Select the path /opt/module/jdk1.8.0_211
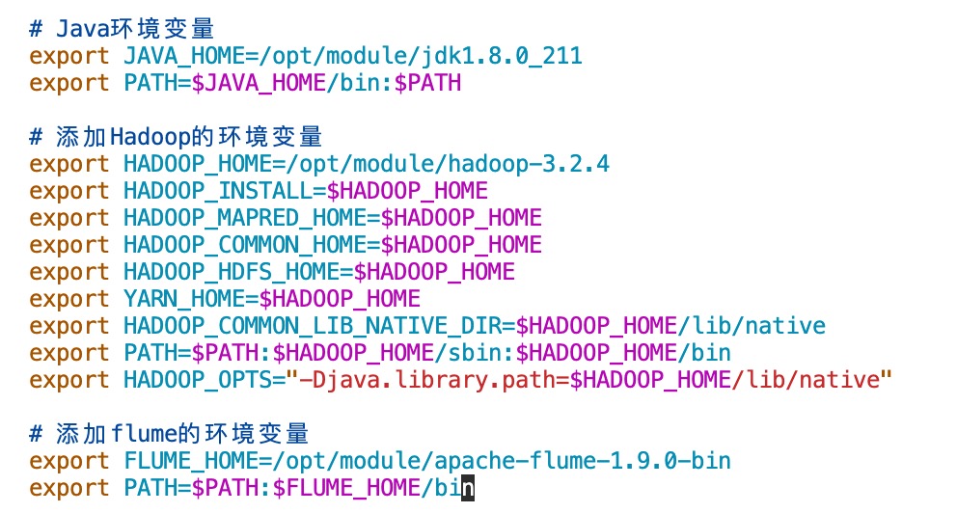422,55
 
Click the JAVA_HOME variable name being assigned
184,55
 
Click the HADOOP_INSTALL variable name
218,190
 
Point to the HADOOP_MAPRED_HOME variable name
245,217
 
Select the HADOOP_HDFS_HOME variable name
232,271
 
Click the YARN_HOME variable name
184,298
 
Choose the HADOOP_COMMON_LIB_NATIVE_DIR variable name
312,325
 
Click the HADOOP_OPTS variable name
198,379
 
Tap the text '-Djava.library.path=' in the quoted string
435,379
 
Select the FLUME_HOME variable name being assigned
191,460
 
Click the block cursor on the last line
468,487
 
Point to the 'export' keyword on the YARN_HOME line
69,298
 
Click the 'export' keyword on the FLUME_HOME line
69,460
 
